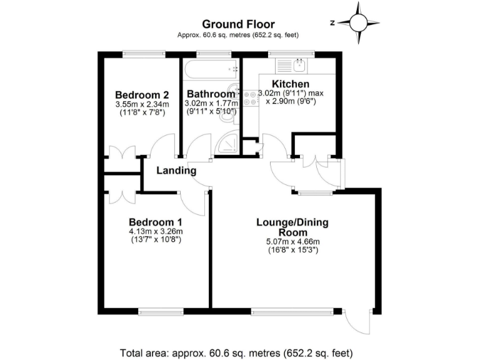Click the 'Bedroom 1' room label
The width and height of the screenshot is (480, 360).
pos(156,222)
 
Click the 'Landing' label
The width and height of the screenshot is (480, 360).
pos(176,171)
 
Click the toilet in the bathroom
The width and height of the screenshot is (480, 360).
pos(232,91)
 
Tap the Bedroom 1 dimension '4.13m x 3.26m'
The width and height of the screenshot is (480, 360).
pos(156,231)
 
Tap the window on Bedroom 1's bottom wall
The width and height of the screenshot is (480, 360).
pos(161,311)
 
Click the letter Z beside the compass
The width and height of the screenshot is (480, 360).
pos(333,22)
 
